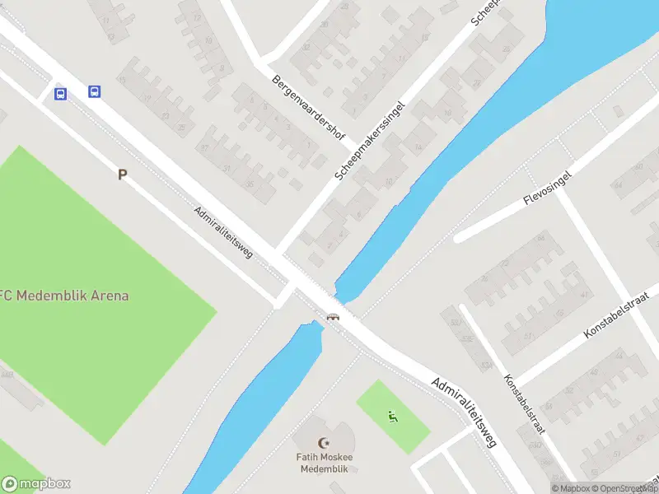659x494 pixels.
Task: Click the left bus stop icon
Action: point(60,94)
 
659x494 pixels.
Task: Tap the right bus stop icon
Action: point(95,91)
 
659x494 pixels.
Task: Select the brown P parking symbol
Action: point(122,175)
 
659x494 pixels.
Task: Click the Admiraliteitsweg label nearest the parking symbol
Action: point(223,231)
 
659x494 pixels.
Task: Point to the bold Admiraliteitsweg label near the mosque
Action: point(465,412)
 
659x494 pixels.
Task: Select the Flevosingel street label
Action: point(546,189)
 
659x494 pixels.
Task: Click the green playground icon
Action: point(393,417)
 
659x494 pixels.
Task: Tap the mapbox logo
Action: point(36,484)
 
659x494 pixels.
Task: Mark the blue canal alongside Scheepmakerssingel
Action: point(461,148)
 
